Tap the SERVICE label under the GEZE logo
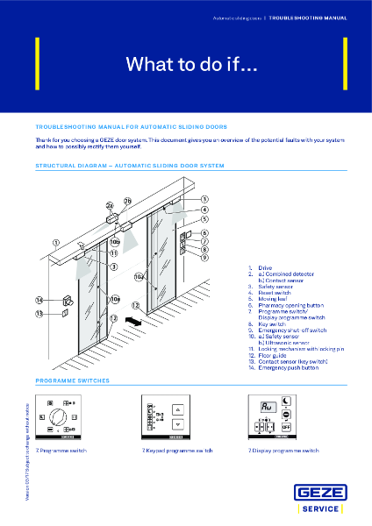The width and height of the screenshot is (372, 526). point(324,508)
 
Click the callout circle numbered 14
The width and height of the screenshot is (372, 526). point(39,300)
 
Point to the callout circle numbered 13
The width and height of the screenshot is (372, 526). point(39,313)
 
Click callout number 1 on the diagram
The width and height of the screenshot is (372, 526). point(56,243)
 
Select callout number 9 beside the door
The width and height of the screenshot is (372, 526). point(204,258)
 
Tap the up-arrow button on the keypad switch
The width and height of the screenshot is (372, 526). point(178,409)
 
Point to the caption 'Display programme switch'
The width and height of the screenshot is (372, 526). point(271,450)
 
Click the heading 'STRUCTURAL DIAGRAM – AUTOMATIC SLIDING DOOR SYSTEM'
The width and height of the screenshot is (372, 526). point(130,165)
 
